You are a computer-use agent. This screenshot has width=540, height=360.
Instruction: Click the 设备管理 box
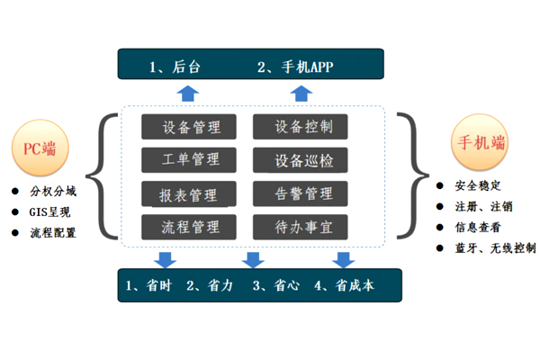point(189,127)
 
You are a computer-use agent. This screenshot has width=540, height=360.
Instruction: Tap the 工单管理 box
point(189,160)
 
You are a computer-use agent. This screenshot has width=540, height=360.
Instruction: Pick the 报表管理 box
point(189,193)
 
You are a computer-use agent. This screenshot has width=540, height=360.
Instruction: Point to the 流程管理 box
point(189,227)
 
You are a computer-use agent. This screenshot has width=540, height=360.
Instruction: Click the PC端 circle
point(35,148)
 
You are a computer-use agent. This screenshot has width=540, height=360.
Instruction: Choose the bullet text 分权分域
point(55,192)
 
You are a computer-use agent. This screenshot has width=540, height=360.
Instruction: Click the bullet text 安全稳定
point(480,186)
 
